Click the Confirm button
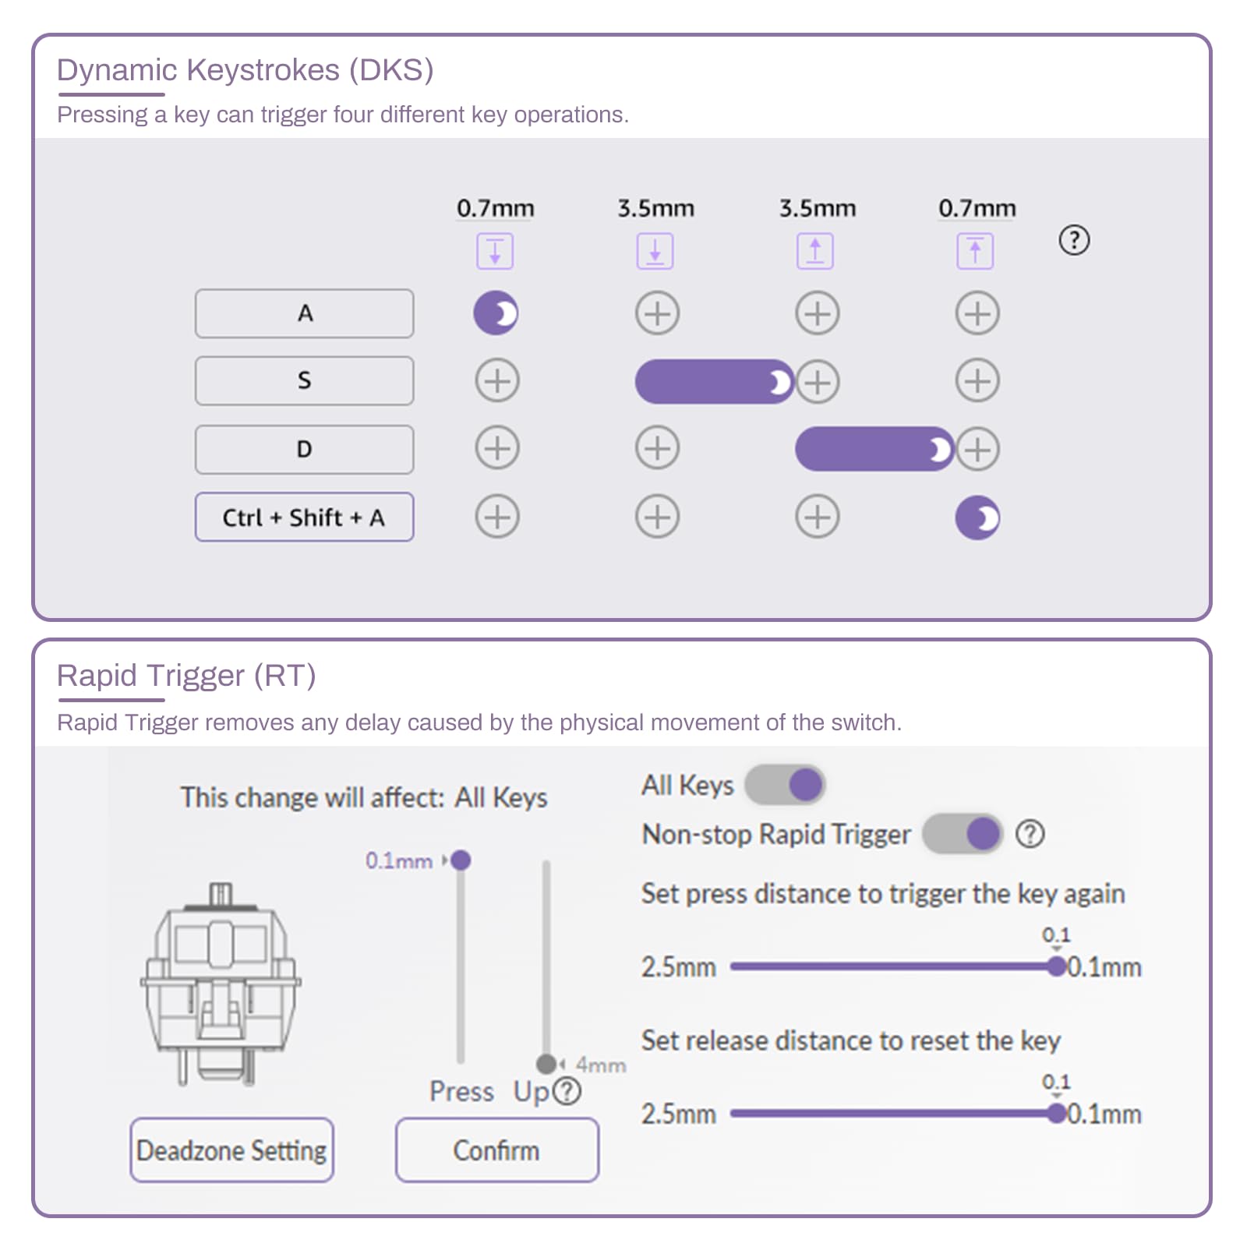click(496, 1150)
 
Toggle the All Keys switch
click(786, 784)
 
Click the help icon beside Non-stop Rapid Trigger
click(1030, 834)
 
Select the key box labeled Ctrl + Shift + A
click(304, 517)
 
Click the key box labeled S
click(304, 380)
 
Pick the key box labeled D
click(304, 449)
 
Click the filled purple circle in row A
click(496, 313)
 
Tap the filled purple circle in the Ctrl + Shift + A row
click(977, 518)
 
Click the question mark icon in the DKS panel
click(1074, 240)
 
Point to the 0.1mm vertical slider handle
click(461, 860)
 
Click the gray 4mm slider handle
click(546, 1064)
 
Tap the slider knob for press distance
click(1056, 966)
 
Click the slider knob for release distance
click(1056, 1113)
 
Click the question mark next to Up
click(567, 1091)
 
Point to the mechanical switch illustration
click(221, 986)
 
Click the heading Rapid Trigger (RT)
click(186, 675)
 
